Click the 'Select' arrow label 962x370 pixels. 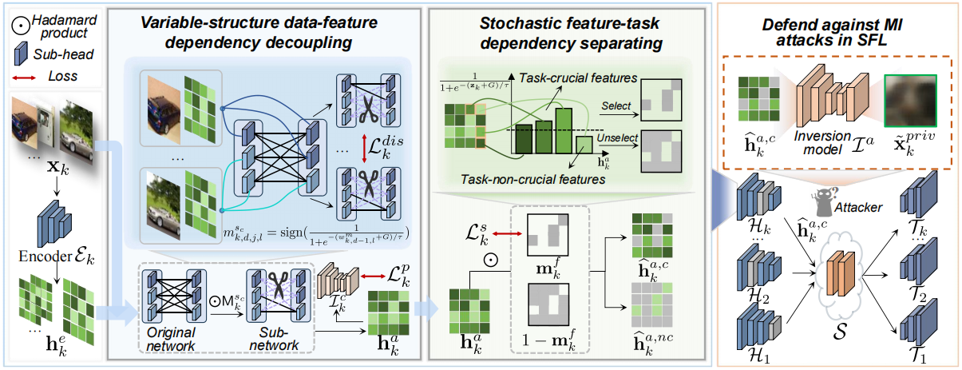616,105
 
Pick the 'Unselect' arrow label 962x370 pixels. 617,137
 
